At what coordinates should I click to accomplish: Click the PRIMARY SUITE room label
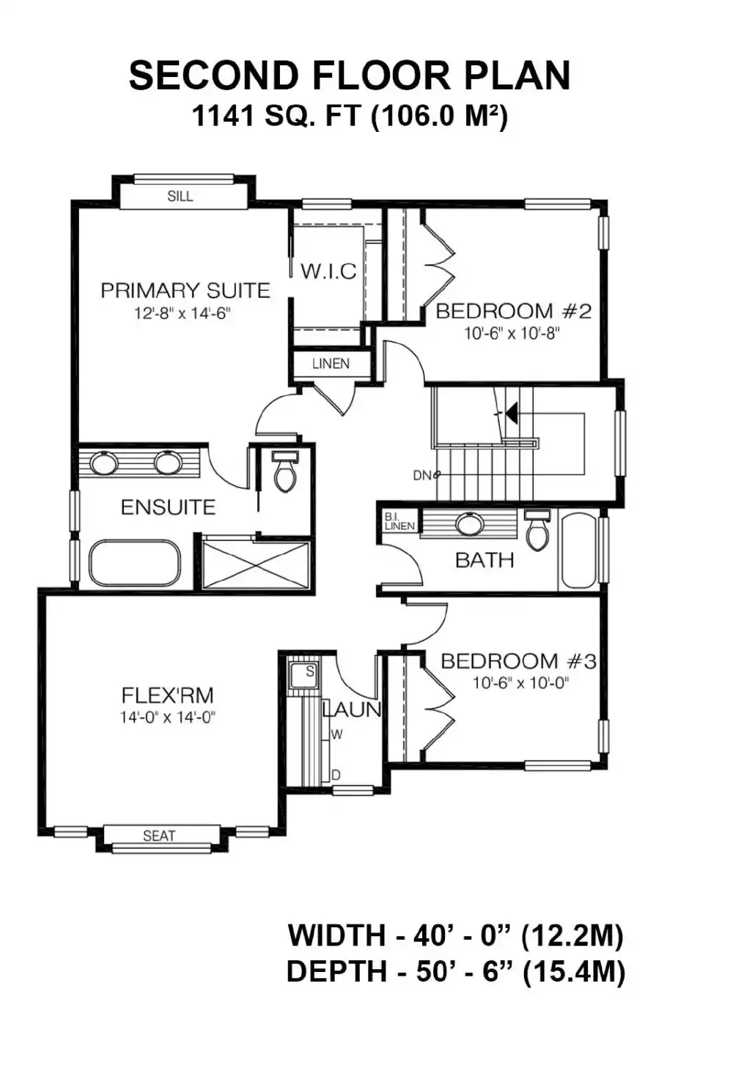point(185,290)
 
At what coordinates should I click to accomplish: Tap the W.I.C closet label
point(328,271)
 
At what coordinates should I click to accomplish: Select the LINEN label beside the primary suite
point(331,364)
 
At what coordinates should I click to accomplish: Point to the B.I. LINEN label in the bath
point(399,521)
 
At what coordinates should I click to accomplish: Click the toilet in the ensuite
point(285,472)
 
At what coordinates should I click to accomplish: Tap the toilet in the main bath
point(537,531)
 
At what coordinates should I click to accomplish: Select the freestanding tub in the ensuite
point(135,563)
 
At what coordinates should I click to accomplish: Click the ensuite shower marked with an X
point(255,564)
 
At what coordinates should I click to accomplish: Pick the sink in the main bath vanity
point(470,523)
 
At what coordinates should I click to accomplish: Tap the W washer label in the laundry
point(337,735)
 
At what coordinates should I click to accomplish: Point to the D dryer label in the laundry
point(336,775)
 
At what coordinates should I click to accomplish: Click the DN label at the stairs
point(422,475)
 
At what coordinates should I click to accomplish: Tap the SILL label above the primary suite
point(180,196)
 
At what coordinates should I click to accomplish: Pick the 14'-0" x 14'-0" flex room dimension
point(168,718)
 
